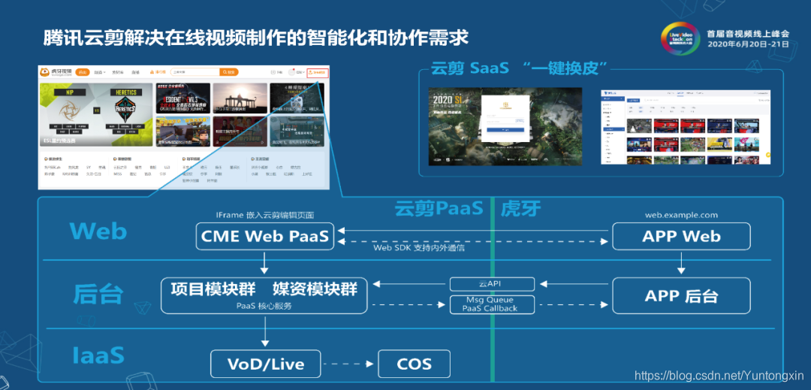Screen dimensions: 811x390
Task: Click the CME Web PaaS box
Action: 264,236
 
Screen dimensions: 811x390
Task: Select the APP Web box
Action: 681,236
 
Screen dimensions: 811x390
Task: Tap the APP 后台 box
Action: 681,296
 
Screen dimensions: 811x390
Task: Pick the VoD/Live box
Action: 266,364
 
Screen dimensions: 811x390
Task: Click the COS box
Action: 414,364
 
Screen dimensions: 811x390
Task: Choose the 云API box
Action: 492,284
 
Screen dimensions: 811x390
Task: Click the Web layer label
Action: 98,231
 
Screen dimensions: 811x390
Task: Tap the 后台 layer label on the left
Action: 98,294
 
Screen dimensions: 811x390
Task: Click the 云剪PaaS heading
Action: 439,208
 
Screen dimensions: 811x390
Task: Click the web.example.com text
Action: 681,215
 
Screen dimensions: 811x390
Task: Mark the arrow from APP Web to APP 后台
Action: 681,264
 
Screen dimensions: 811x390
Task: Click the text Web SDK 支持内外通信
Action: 418,248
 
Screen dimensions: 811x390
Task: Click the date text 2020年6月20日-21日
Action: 748,44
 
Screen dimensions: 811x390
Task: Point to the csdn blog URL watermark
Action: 719,375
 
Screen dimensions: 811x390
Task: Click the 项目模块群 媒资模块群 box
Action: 264,295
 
